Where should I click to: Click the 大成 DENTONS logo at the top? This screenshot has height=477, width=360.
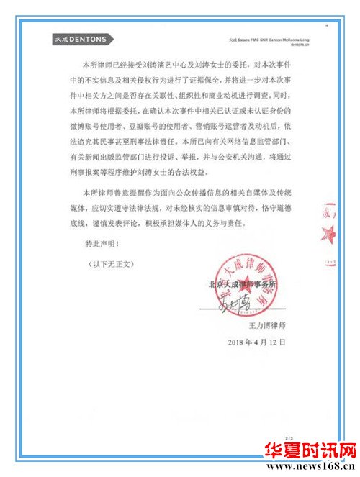click(x=80, y=38)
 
